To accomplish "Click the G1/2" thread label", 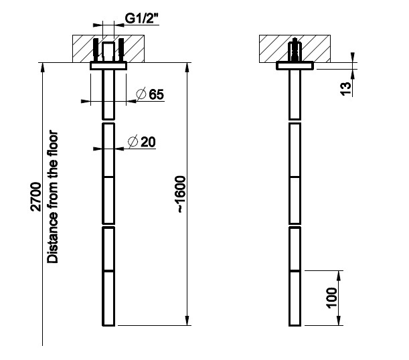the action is point(142,19).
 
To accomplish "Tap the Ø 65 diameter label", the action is point(150,94).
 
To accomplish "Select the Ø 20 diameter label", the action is point(142,142).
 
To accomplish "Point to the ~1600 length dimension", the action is point(181,195).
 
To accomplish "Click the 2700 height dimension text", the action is point(35,197).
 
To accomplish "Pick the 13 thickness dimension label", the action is point(346,88).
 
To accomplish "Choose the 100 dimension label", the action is point(332,298).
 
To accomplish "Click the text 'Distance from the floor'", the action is point(52,197).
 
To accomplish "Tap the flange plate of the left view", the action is point(108,66).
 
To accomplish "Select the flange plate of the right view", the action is point(295,66).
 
